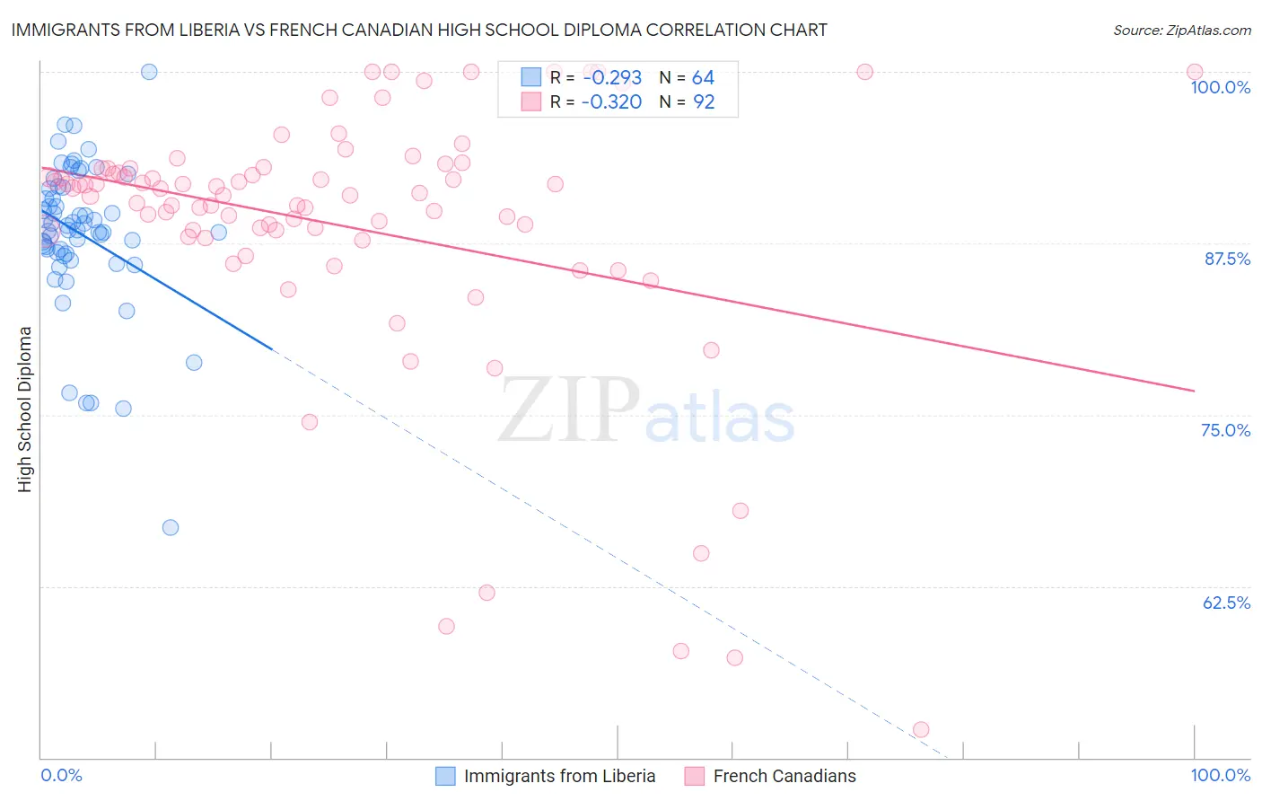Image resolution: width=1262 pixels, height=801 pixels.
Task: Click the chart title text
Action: [419, 30]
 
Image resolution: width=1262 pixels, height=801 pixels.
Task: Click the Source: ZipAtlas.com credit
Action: [1181, 31]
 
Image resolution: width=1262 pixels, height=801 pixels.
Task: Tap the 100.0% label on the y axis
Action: [1220, 87]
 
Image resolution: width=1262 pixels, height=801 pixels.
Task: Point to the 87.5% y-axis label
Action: [1227, 259]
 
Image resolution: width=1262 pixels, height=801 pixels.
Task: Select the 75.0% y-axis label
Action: [1225, 430]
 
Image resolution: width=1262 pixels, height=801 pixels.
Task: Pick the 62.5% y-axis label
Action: [1226, 603]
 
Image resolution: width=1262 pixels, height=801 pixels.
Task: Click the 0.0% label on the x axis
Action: [61, 775]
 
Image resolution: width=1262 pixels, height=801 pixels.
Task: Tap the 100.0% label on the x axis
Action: [1220, 775]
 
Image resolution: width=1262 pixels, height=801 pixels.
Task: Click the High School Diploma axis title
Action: [25, 409]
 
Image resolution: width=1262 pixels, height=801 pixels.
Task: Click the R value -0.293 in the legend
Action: [611, 78]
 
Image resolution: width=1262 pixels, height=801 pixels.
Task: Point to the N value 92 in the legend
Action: [704, 102]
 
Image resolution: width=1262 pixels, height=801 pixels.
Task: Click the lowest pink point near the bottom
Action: [920, 730]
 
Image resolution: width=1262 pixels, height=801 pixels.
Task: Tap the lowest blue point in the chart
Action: [171, 527]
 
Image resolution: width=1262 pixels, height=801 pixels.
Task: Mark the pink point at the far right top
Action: [1194, 72]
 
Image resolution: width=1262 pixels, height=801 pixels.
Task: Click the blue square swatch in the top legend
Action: [531, 78]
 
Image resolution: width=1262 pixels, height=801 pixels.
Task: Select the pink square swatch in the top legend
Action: [531, 102]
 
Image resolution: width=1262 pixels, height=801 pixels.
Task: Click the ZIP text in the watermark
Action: [569, 409]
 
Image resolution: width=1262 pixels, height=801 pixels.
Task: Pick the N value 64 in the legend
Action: [703, 78]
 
